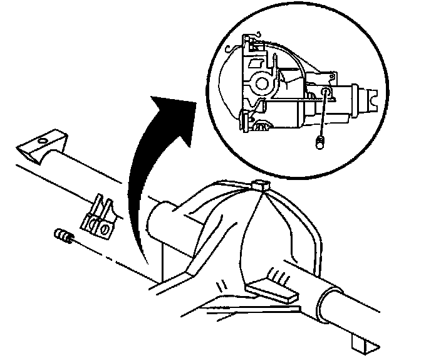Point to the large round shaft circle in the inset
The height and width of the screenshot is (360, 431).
pos(262,81)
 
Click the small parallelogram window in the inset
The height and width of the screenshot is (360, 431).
pos(256,63)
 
